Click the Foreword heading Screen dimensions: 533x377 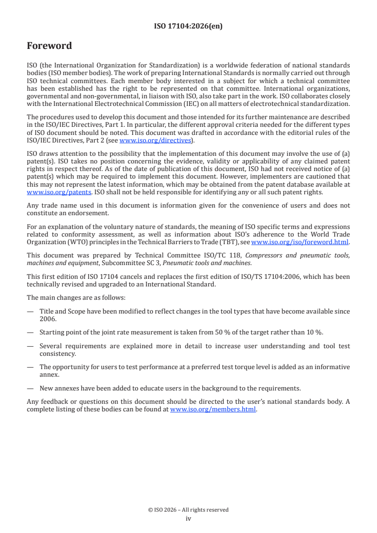click(49, 46)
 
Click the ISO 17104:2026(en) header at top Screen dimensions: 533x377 click(188, 27)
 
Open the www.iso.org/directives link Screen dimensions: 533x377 click(155, 141)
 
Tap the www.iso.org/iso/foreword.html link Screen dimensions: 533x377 click(300, 242)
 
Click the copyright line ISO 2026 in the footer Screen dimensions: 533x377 click(188, 510)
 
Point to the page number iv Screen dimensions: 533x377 click(188, 518)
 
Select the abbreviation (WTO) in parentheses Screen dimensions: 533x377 click(67, 242)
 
